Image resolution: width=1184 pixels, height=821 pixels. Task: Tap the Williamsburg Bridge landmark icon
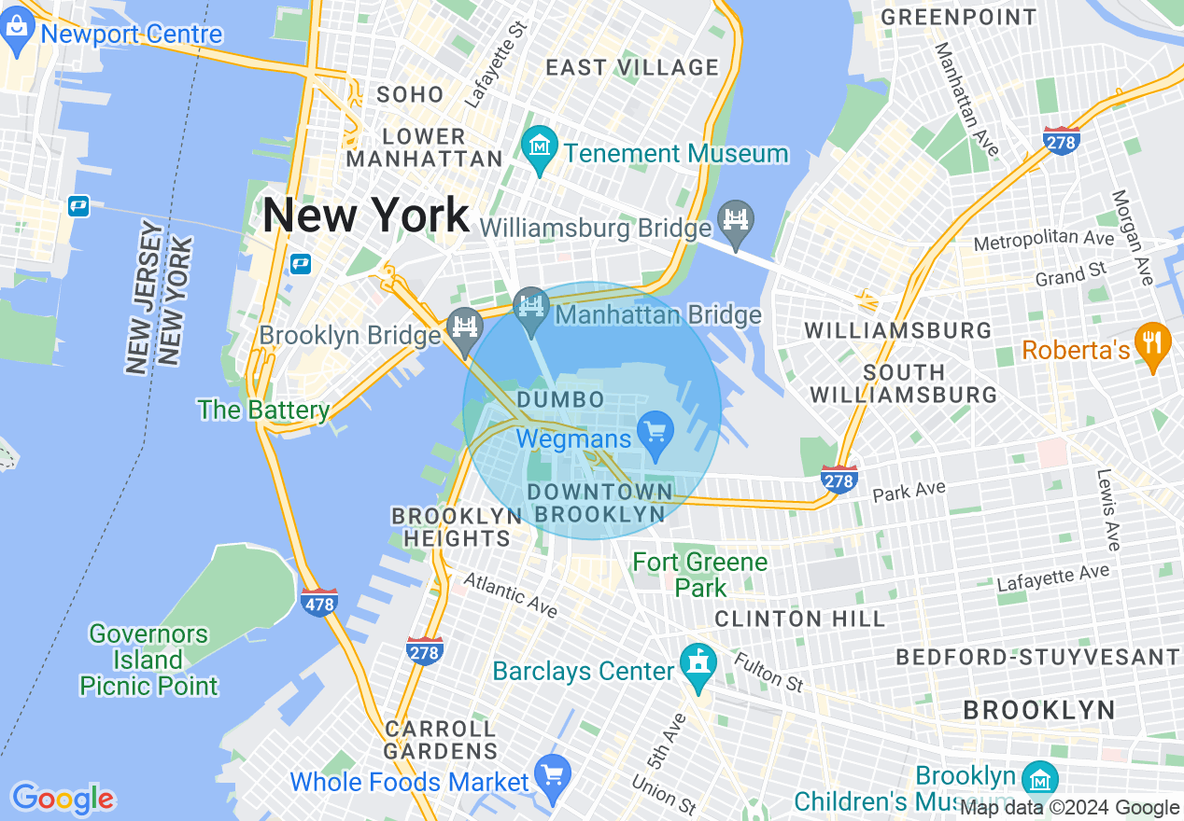click(x=737, y=222)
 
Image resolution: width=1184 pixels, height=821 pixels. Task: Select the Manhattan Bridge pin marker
click(x=531, y=308)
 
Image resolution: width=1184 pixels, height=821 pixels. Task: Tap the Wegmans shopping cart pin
click(x=655, y=434)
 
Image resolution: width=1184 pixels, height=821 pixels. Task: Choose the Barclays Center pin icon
click(x=698, y=665)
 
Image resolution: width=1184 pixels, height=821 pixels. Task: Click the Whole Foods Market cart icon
click(x=553, y=776)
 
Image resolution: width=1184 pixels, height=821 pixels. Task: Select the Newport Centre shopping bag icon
click(x=18, y=31)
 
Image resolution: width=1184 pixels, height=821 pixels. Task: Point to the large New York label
click(x=365, y=216)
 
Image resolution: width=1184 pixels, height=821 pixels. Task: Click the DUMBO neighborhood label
click(x=560, y=400)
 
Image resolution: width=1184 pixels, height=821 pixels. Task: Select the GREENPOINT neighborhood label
click(x=959, y=17)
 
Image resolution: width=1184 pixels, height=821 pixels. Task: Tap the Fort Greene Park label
click(x=700, y=575)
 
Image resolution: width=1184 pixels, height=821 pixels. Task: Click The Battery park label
click(x=263, y=410)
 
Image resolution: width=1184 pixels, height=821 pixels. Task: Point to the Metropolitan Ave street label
click(x=1043, y=241)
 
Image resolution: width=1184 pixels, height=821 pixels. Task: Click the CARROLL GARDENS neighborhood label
click(x=440, y=739)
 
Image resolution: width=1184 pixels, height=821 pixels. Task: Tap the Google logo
click(x=63, y=799)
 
